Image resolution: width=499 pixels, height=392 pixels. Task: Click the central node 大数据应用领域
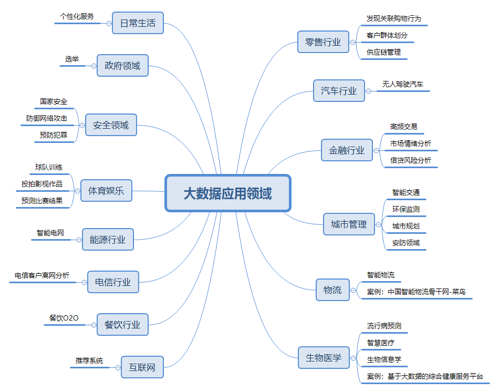point(228,193)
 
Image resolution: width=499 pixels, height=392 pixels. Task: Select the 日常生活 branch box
point(138,23)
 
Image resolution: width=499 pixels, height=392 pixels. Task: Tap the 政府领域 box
point(122,66)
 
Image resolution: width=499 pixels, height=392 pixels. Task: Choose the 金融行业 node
point(347,150)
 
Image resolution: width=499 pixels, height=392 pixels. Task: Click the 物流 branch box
point(332,290)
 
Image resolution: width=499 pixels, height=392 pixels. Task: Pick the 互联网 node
point(142,367)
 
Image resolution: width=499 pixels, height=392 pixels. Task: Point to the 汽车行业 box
point(339,91)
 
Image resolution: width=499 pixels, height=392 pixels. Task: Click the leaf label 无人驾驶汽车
point(403,84)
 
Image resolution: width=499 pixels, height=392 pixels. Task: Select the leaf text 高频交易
point(403,127)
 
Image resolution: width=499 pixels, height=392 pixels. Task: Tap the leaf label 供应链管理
point(383,52)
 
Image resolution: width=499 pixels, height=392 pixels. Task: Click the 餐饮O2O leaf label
point(64,318)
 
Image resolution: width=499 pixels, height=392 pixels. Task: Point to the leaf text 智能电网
point(50,233)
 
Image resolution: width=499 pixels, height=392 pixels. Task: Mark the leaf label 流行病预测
point(384,326)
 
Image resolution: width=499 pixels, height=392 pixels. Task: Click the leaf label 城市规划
point(406,226)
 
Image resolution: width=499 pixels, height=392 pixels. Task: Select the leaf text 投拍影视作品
point(41,184)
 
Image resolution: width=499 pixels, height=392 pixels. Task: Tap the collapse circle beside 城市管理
point(378,224)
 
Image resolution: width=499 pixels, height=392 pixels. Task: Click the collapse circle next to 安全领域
point(82,125)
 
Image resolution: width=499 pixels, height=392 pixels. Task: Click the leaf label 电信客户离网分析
point(42,275)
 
